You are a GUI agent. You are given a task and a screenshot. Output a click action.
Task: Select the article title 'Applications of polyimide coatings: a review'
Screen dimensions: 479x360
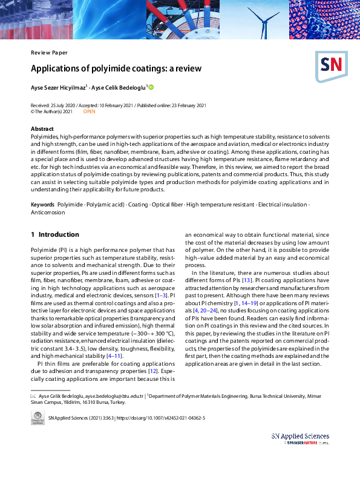click(116, 68)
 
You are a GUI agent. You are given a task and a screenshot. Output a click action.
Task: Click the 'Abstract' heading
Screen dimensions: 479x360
click(42, 129)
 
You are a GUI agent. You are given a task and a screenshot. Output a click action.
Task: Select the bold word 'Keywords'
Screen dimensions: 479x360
click(42, 205)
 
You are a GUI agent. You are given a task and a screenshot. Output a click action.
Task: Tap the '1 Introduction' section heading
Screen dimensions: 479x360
click(55, 234)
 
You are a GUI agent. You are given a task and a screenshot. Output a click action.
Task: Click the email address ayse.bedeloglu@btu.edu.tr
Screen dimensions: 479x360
click(114, 395)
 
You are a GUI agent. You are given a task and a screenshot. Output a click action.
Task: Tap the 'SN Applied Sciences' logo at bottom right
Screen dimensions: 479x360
click(300, 439)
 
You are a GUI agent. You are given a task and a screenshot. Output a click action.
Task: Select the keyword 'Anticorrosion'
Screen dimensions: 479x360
click(48, 213)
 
